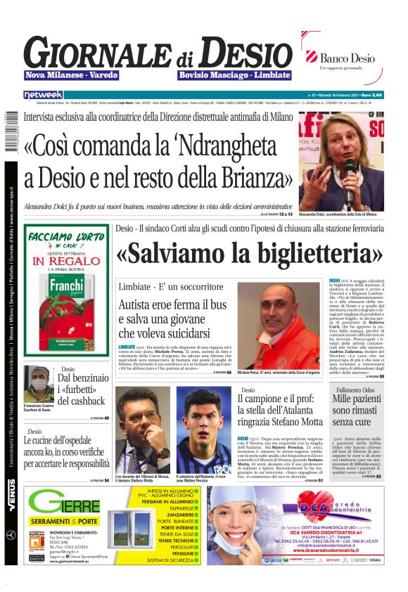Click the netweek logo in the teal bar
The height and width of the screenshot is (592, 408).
pos(43,94)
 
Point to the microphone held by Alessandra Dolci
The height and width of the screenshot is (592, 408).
pos(349,176)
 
